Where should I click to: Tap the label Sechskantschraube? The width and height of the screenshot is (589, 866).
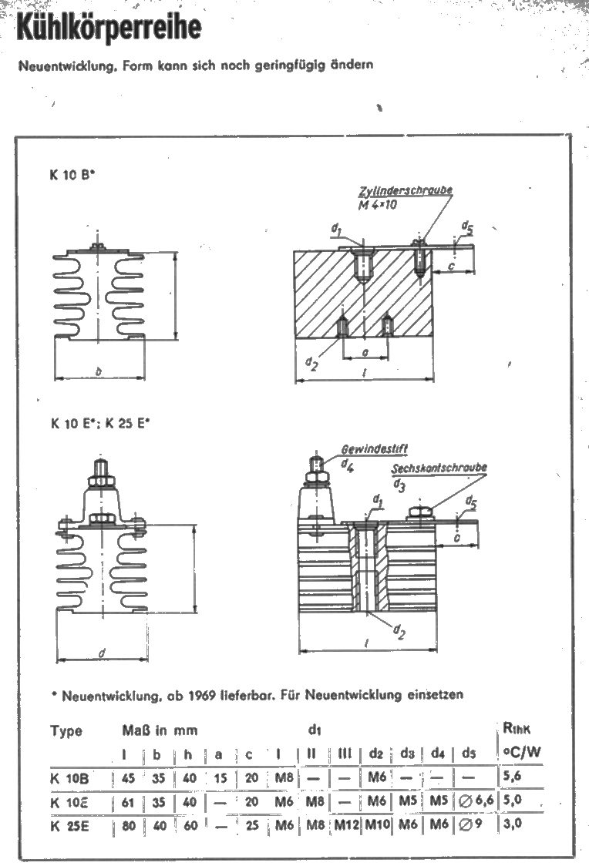pos(439,468)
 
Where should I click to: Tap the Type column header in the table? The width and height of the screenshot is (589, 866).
pos(66,730)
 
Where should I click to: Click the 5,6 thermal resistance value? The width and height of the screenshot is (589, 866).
pos(512,777)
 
